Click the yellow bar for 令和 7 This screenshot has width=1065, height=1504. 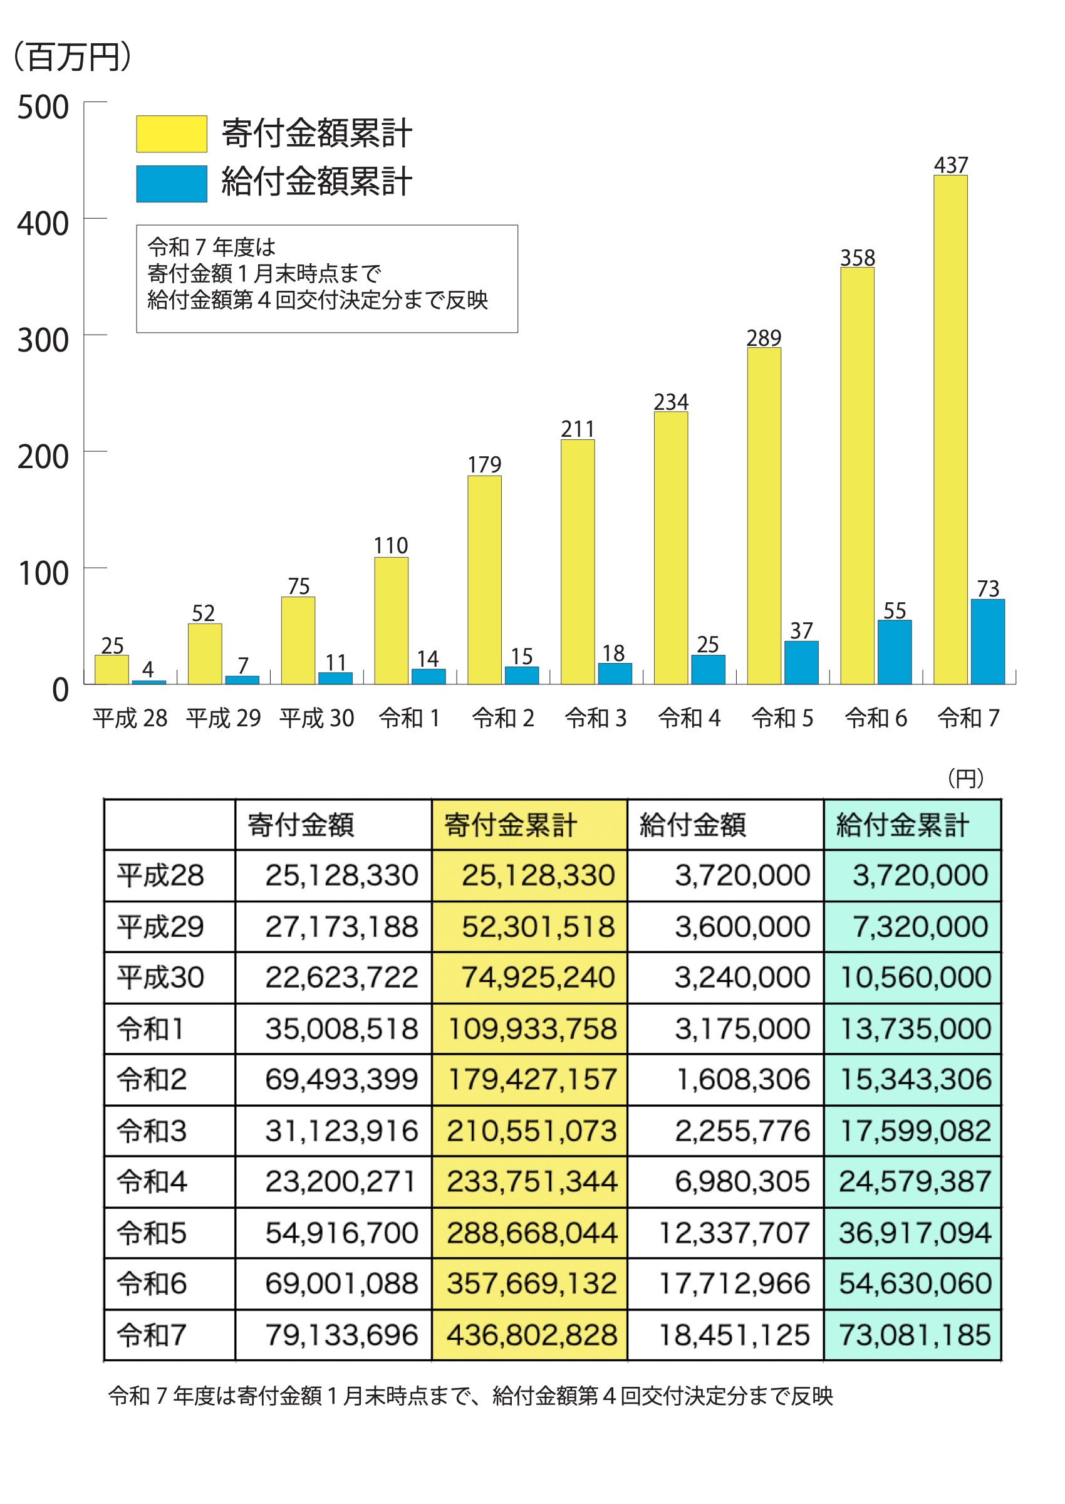(950, 430)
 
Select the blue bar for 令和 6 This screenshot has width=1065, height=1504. (895, 652)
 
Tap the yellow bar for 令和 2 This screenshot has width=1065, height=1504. (485, 580)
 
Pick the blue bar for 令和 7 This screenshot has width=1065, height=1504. (987, 642)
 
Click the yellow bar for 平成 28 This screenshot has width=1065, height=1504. (112, 670)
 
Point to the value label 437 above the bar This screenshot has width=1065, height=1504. (951, 165)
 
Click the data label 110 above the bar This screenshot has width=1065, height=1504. (391, 546)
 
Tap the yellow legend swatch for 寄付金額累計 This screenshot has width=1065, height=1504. (172, 134)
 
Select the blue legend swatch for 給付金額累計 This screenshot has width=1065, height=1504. (172, 183)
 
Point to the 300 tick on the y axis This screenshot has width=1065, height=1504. (43, 340)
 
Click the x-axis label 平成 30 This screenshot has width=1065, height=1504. (317, 718)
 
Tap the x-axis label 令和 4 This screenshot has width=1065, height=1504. (689, 718)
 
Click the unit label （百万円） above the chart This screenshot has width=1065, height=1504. (71, 57)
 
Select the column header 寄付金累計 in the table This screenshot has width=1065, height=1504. (510, 825)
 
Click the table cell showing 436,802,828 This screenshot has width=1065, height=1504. (532, 1335)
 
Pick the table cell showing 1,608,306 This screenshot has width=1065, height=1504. (743, 1080)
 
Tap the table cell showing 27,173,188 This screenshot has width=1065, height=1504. (341, 927)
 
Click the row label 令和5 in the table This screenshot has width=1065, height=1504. (152, 1233)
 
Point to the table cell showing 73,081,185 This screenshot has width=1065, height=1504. (915, 1335)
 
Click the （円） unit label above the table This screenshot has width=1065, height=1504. (965, 778)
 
